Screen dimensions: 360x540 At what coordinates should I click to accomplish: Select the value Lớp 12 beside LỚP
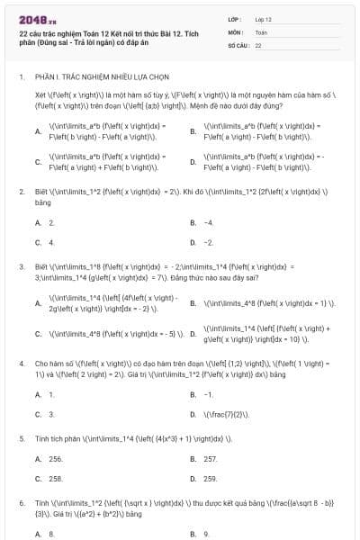[x=263, y=18]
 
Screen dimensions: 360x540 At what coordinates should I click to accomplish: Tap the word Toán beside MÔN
[x=261, y=31]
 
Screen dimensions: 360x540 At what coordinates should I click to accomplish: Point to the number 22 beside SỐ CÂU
[x=258, y=43]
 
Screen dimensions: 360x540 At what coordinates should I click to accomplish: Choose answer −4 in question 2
[x=208, y=221]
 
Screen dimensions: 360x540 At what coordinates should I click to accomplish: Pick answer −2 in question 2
[x=208, y=242]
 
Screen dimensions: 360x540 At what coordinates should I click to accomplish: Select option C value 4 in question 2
[x=51, y=242]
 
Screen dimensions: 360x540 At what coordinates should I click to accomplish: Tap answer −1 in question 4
[x=208, y=394]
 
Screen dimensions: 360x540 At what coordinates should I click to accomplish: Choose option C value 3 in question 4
[x=51, y=414]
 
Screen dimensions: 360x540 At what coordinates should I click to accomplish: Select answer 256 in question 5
[x=55, y=458]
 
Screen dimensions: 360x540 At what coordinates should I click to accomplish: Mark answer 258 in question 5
[x=55, y=479]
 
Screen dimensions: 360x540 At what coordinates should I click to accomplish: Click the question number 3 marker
[x=22, y=267]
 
